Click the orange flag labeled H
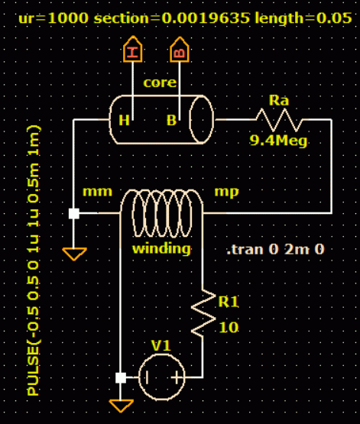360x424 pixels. tap(132, 49)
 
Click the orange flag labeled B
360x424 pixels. tap(180, 50)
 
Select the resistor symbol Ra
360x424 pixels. tap(279, 119)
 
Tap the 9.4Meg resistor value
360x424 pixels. tap(278, 141)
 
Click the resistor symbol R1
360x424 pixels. tap(203, 313)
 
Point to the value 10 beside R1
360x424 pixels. tap(229, 328)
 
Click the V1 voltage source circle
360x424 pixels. tap(162, 377)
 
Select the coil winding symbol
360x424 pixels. tap(162, 212)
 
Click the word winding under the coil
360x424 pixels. tap(161, 249)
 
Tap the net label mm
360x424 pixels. tap(97, 192)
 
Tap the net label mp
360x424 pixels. tap(227, 193)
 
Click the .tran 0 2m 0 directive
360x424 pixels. tap(275, 249)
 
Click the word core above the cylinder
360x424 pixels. tap(160, 83)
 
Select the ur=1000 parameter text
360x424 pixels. tap(54, 18)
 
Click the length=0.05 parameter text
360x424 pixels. tap(303, 18)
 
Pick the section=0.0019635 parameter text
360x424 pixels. tap(172, 18)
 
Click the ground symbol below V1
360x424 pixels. tap(121, 406)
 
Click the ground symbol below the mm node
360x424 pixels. tap(74, 254)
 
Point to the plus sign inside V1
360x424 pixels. tap(177, 377)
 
